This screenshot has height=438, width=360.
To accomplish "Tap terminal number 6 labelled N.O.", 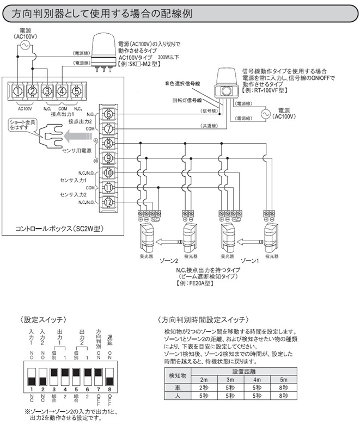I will pyautogui.click(x=108, y=115).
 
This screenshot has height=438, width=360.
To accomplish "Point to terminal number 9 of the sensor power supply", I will pyautogui.click(x=108, y=159).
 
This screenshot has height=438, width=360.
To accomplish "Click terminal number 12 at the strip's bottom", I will pyautogui.click(x=108, y=202).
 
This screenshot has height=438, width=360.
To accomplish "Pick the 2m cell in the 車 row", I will pyautogui.click(x=204, y=388).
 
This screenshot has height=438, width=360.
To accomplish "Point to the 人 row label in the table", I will pyautogui.click(x=175, y=397).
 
